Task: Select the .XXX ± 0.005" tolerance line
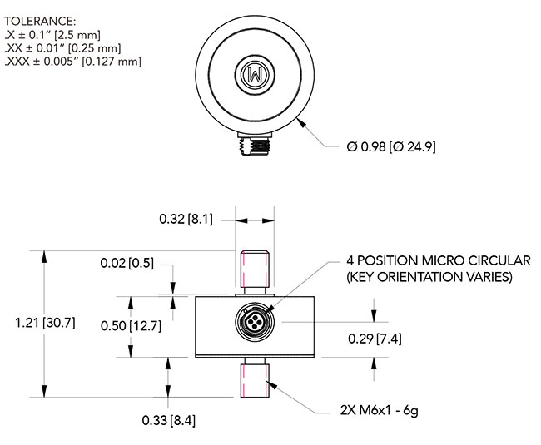[x=73, y=61]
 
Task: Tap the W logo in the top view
[x=254, y=74]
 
